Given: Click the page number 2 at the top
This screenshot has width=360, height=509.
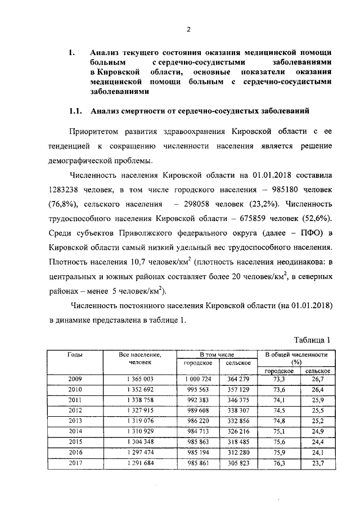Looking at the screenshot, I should [190, 29].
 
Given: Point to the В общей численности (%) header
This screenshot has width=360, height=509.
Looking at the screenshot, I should [296, 358].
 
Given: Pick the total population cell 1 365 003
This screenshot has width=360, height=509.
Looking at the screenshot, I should [140, 379].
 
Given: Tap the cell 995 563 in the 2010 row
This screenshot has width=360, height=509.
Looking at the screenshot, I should [197, 389].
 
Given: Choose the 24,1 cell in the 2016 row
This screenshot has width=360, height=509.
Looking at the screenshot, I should [318, 453].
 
